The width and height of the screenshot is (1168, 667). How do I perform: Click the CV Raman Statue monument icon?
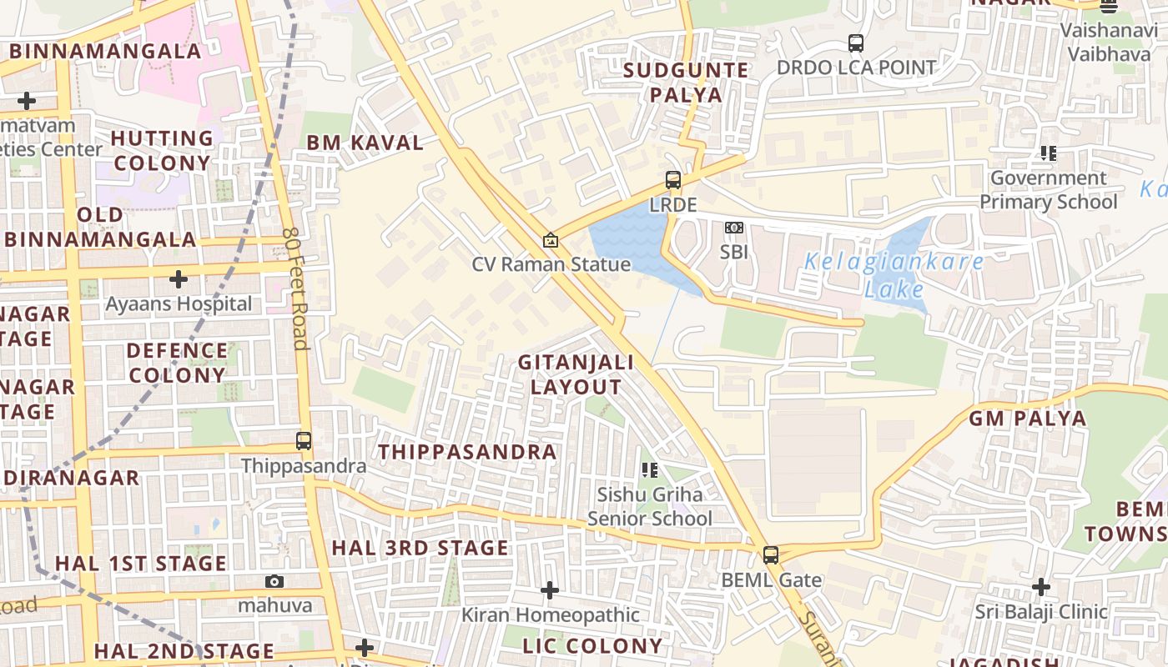point(550,240)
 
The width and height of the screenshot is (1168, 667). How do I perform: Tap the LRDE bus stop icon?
point(672,179)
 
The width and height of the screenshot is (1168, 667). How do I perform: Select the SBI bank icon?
point(733,228)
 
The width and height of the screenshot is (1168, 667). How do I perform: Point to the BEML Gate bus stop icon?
point(771,554)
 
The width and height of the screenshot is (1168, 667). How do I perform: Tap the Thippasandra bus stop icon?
point(304,441)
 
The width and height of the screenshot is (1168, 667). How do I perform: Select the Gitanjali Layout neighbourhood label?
point(576,374)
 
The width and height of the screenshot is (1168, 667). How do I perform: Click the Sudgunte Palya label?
point(686,82)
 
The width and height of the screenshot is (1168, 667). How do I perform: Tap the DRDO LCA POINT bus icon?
point(855,43)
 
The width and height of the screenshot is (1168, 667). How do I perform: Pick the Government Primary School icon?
point(1048,153)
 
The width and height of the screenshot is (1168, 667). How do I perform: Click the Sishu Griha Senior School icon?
point(649,470)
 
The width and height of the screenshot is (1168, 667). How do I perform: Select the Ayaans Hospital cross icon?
point(178,278)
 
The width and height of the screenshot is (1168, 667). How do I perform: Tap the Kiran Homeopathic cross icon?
point(549,590)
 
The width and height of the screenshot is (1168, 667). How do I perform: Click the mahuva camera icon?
point(274,581)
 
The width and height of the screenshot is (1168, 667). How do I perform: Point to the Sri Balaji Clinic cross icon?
point(1040,587)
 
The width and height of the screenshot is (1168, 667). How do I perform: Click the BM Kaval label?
point(365,143)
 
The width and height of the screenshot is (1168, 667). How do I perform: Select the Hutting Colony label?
point(162,150)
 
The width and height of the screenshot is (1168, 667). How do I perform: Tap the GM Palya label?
point(1027,419)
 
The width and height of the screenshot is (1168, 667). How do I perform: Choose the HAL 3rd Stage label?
point(420,548)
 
